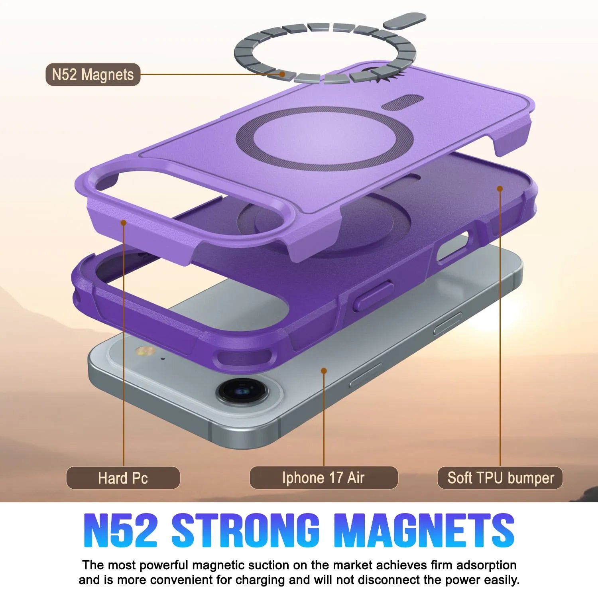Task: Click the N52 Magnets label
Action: coord(93,75)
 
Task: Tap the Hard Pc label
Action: coord(123,478)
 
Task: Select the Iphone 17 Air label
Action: coord(323,478)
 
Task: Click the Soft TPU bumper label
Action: coord(500,478)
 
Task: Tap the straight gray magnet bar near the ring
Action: coord(404,20)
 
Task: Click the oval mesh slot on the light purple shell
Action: coord(402,102)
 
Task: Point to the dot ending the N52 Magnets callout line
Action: coord(282,74)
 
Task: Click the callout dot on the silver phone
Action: coord(324,371)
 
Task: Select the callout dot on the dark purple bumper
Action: coord(500,188)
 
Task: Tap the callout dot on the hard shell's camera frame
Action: coord(124,222)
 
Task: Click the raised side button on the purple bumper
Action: coord(373,295)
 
